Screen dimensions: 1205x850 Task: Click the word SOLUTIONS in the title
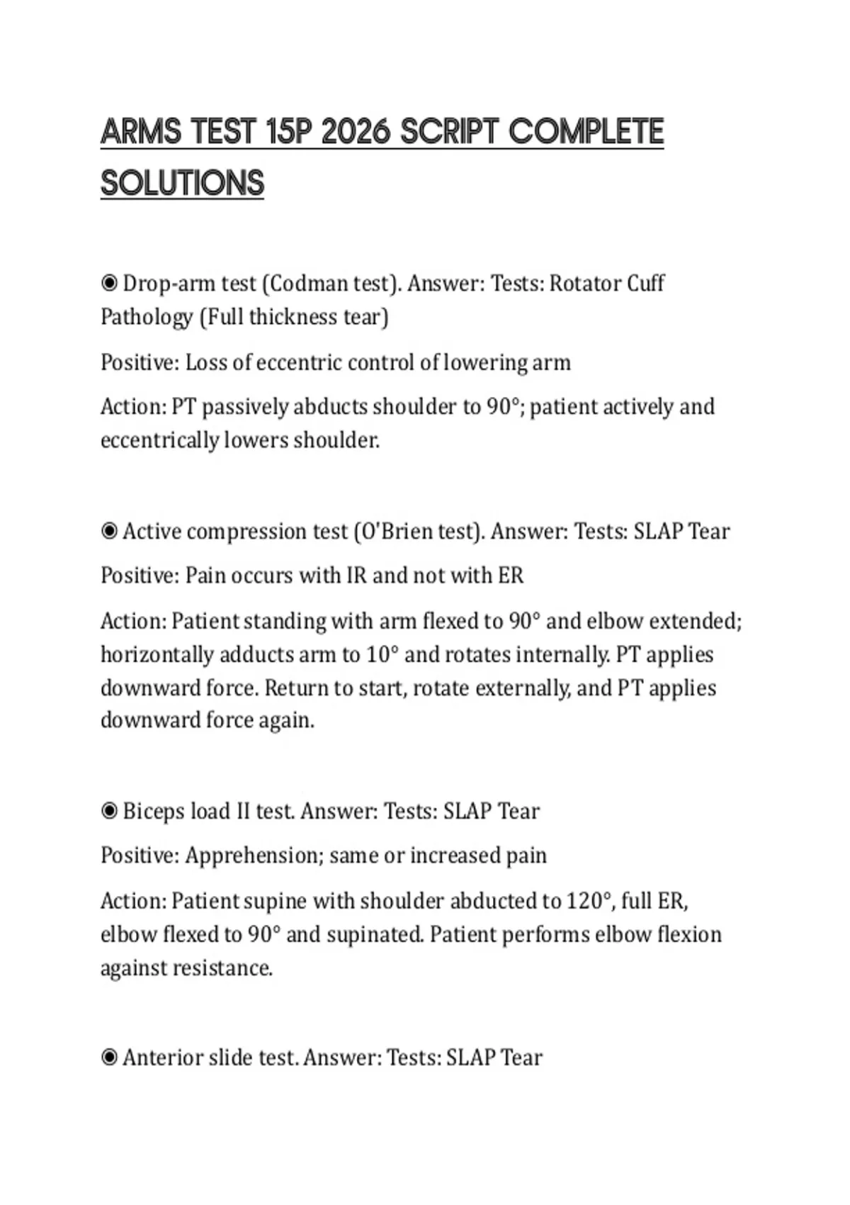182,183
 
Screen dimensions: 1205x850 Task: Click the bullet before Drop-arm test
109,284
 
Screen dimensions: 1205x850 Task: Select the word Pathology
146,317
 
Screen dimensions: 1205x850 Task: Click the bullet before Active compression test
109,532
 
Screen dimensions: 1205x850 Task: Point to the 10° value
382,654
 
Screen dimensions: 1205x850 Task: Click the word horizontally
157,654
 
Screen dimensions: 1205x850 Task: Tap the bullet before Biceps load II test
109,811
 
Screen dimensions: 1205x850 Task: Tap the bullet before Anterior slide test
109,1058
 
